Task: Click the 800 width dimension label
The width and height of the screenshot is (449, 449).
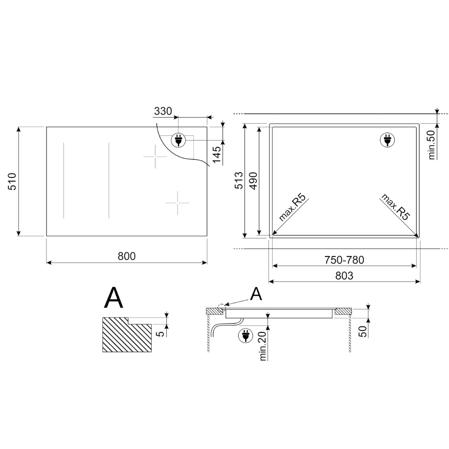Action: pyautogui.click(x=127, y=256)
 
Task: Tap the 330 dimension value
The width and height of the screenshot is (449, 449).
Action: pyautogui.click(x=163, y=111)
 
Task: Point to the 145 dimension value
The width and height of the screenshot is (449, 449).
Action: pyautogui.click(x=217, y=155)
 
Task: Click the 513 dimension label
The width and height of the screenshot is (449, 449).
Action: pyautogui.click(x=239, y=180)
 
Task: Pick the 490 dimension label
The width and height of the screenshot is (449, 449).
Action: pyautogui.click(x=253, y=181)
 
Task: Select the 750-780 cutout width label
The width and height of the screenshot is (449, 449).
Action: pyautogui.click(x=344, y=260)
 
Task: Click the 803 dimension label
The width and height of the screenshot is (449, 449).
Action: pyautogui.click(x=344, y=275)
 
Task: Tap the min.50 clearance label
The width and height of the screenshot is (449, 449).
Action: pyautogui.click(x=431, y=145)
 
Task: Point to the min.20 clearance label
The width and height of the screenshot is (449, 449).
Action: pyautogui.click(x=263, y=346)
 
